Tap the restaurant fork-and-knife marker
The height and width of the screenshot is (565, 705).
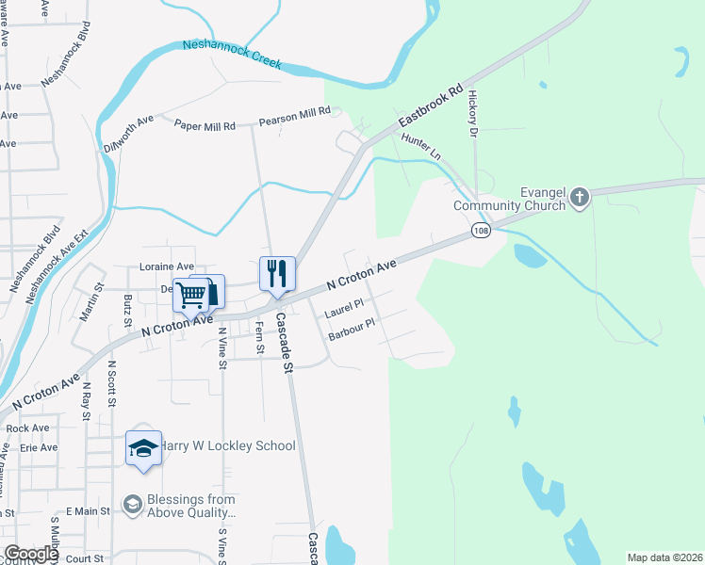pos(277,273)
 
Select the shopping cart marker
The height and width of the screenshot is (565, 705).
pos(192,294)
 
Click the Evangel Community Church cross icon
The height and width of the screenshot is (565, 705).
pos(580,198)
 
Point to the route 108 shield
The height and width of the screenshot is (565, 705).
pos(482,231)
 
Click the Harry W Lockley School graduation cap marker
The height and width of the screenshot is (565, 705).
pos(143,447)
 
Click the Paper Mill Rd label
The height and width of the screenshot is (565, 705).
pos(205,124)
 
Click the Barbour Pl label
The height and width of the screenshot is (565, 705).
pos(352,330)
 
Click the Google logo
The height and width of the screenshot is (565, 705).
pos(31,554)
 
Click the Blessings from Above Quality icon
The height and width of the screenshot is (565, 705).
pos(133,506)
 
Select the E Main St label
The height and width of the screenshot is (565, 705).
pos(88,510)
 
